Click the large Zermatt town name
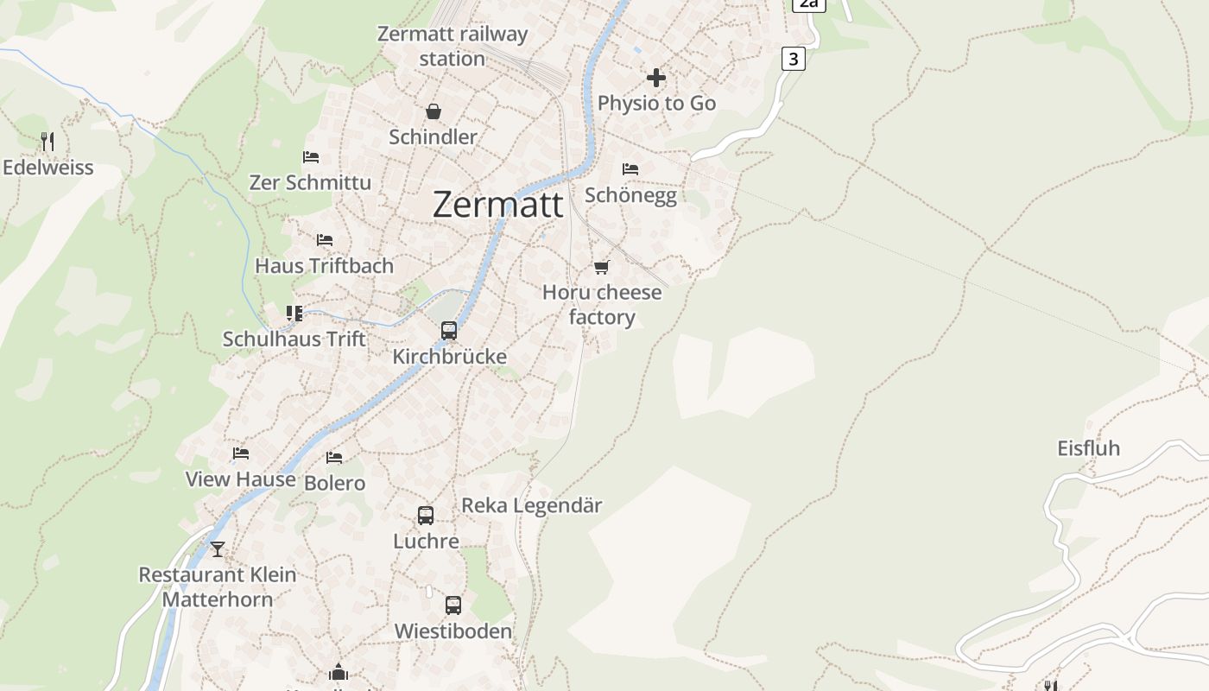[497, 205]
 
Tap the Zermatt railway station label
[453, 47]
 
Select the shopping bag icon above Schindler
[434, 111]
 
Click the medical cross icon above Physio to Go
[656, 78]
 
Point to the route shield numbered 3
[793, 59]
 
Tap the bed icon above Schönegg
[630, 169]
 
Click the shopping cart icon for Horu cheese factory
[602, 267]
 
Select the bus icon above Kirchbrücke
[449, 330]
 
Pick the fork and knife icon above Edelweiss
[47, 141]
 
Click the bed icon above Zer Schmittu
[311, 157]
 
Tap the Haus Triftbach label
[324, 266]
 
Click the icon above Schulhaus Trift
[294, 313]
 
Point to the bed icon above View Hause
[241, 453]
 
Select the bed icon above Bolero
[334, 457]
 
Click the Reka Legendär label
[532, 505]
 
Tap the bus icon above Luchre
[426, 516]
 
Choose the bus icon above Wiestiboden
[453, 605]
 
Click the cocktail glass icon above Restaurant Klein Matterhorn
[218, 548]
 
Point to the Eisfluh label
[1088, 448]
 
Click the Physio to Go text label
[656, 104]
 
